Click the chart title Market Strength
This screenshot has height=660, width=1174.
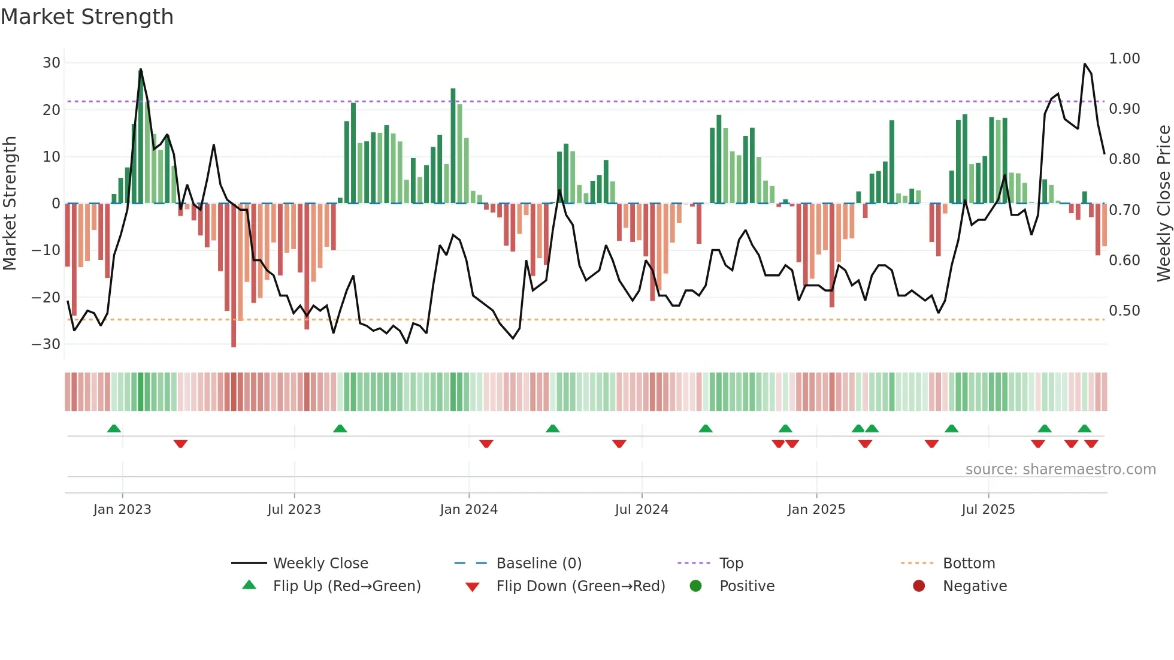87,17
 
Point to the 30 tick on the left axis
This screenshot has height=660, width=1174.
52,63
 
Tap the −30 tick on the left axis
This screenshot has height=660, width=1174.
46,344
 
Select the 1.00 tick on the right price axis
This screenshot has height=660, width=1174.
1124,59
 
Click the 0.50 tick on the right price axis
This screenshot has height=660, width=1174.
1124,311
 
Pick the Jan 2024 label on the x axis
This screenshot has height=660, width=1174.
468,510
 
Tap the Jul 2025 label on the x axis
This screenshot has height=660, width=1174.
988,510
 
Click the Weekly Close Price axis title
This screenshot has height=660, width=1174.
1163,204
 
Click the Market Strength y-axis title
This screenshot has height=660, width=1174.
10,204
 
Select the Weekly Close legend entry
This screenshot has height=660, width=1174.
320,564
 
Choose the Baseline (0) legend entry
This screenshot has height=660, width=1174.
538,564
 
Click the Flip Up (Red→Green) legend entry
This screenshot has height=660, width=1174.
347,586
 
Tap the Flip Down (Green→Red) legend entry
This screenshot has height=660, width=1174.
580,586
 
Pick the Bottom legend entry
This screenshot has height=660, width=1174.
969,564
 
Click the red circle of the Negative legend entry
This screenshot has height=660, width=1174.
919,586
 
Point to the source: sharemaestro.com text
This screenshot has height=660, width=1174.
1060,470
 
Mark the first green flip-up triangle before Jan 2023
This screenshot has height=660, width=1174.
114,428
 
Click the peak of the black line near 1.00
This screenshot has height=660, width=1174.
1085,64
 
